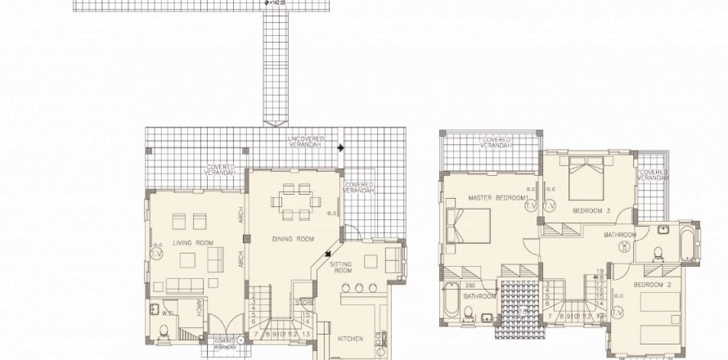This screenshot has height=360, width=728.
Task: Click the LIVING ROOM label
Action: (193, 243)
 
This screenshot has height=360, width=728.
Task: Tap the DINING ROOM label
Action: (294, 239)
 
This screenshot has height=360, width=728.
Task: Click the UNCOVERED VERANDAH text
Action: (307, 144)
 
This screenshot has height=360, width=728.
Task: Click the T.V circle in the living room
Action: (158, 254)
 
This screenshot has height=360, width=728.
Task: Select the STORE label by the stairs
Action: (303, 303)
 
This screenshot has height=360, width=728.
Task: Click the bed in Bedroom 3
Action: (587, 175)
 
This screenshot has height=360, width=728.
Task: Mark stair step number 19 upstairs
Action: (600, 271)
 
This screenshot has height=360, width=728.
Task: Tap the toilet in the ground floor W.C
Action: (163, 331)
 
